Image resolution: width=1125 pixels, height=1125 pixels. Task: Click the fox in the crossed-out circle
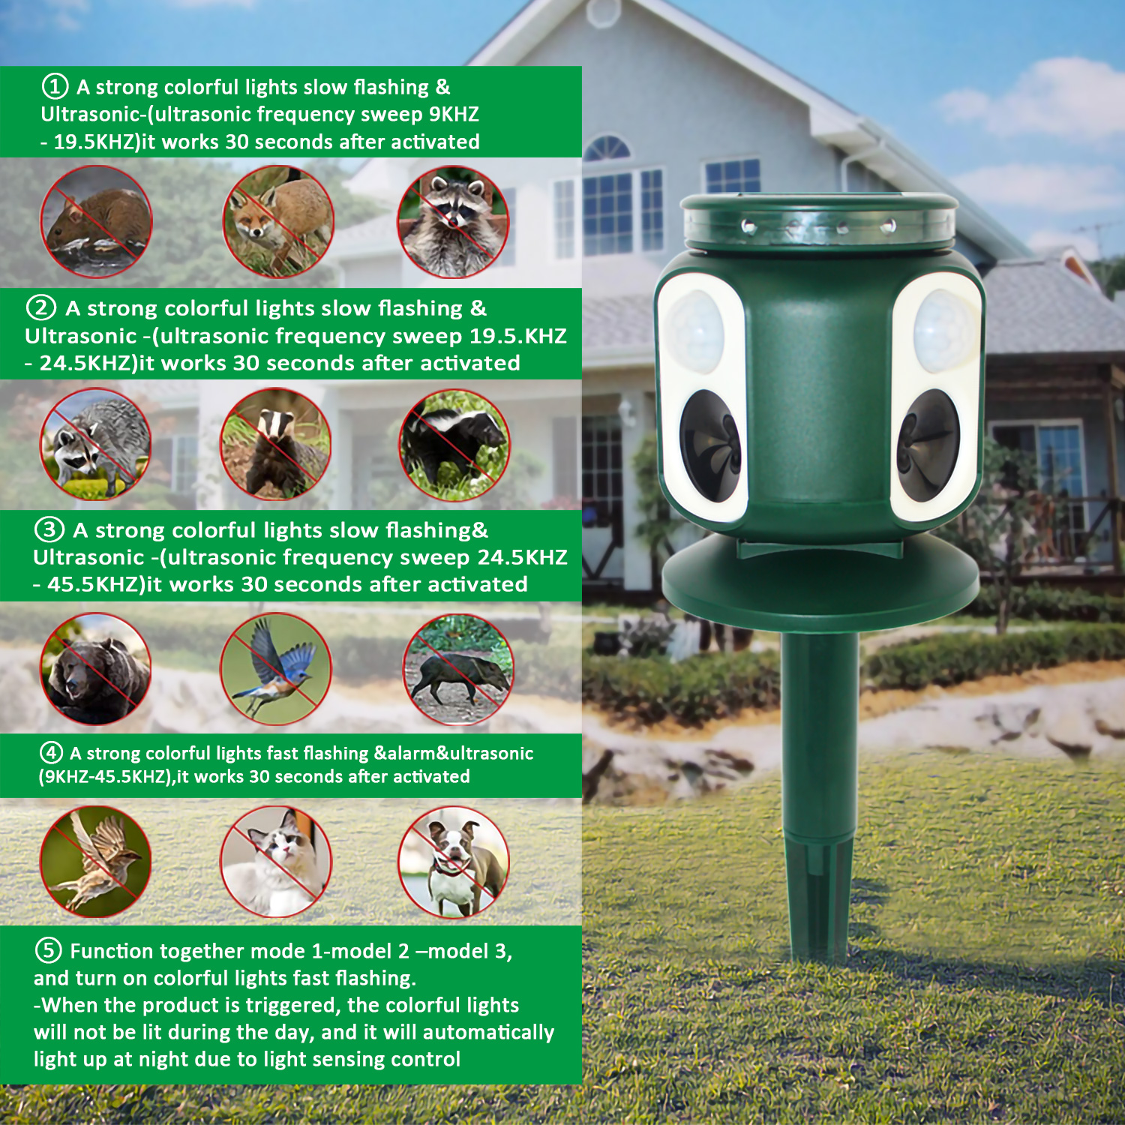coord(278,222)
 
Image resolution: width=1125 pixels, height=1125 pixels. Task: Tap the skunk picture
coord(454,445)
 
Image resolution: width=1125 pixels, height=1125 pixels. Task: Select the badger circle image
coord(276,444)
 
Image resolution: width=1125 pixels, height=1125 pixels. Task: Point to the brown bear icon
coord(95,669)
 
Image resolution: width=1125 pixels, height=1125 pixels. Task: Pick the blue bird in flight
coord(276,669)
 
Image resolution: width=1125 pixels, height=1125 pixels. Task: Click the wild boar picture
coord(458,669)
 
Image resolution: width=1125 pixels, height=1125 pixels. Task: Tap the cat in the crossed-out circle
coord(276,862)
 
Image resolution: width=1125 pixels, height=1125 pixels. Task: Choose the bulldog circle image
coord(454,862)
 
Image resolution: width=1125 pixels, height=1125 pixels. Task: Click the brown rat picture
coord(96,222)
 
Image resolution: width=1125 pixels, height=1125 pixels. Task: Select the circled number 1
coord(55,86)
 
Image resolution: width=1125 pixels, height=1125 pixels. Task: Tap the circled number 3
coord(49,529)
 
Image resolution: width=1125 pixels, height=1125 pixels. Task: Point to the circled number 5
coord(49,950)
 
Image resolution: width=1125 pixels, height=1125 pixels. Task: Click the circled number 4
coord(51,752)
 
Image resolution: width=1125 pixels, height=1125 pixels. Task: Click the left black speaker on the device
coord(711,445)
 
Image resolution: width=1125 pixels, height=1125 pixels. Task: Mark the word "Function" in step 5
coord(110,951)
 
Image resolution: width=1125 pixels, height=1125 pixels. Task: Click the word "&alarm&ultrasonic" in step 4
coord(454,753)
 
